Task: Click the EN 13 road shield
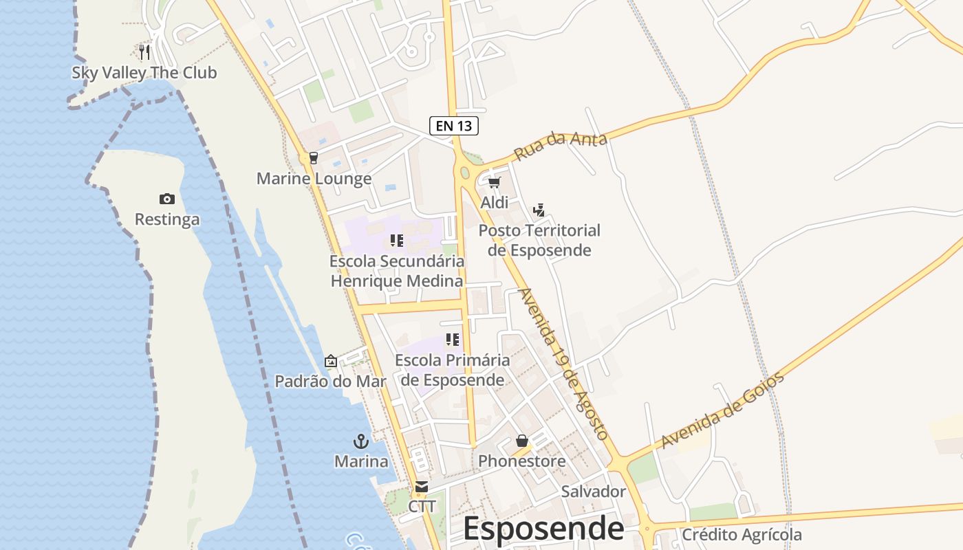(454, 126)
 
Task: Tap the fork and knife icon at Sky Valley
(144, 52)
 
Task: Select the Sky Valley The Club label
(144, 73)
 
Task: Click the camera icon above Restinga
(166, 199)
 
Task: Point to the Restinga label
(167, 219)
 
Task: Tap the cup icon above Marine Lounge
(314, 158)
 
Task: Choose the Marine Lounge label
(314, 179)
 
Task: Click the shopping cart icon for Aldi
(494, 182)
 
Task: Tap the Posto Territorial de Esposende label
(539, 240)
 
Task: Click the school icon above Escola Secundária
(397, 241)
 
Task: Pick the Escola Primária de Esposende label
(453, 370)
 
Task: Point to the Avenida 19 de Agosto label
(563, 364)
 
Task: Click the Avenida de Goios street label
(722, 410)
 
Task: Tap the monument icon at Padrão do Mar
(331, 361)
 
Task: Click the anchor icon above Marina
(361, 441)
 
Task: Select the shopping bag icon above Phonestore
(522, 441)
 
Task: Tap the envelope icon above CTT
(422, 487)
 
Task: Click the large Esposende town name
(543, 529)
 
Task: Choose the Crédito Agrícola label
(742, 535)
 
